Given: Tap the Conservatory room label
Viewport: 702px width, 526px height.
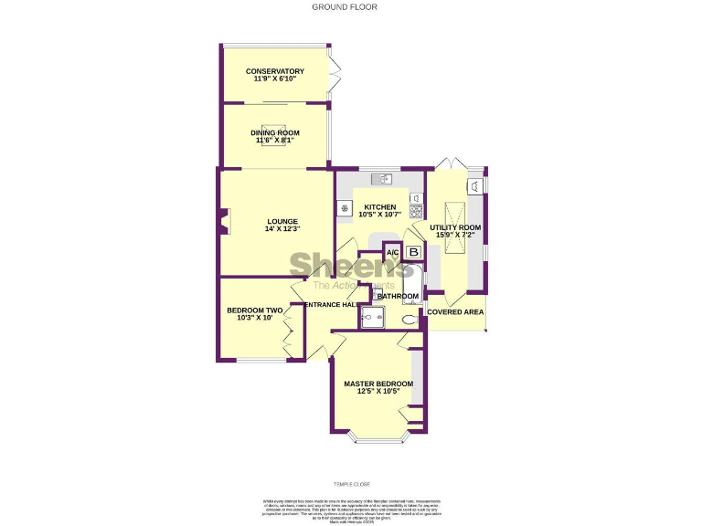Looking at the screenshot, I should click(x=275, y=71).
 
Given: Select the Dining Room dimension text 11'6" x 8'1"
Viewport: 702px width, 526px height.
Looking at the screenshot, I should click(x=275, y=141).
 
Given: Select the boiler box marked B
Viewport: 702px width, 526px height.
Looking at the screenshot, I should click(x=413, y=252).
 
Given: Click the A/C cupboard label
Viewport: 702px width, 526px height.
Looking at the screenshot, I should click(x=392, y=253).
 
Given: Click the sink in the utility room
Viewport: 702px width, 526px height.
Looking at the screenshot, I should click(x=475, y=186).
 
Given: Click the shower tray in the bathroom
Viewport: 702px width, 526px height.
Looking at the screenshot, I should click(x=374, y=316).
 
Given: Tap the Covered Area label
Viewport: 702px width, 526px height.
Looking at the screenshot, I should click(x=455, y=312).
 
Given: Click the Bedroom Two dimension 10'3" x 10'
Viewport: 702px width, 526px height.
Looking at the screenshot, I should click(x=255, y=318).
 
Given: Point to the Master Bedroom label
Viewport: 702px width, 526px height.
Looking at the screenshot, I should click(x=378, y=384).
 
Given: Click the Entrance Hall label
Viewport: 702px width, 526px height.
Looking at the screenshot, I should click(x=329, y=304).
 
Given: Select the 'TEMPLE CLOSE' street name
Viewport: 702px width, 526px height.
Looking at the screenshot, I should click(x=351, y=484).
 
